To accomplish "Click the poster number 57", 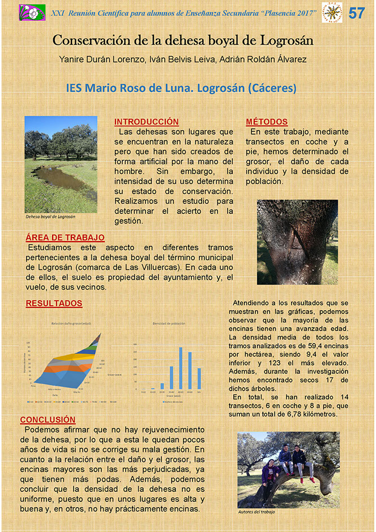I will pyautogui.click(x=357, y=13).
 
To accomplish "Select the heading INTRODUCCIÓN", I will pyautogui.click(x=146, y=122).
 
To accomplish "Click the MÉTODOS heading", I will pyautogui.click(x=266, y=122).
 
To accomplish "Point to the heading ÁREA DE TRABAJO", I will pyautogui.click(x=65, y=237).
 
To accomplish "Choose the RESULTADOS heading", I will pyautogui.click(x=54, y=303).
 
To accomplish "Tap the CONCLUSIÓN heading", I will pyautogui.click(x=48, y=419).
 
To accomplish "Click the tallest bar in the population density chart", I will pyautogui.click(x=181, y=368).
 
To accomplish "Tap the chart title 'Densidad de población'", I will pyautogui.click(x=168, y=323).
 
